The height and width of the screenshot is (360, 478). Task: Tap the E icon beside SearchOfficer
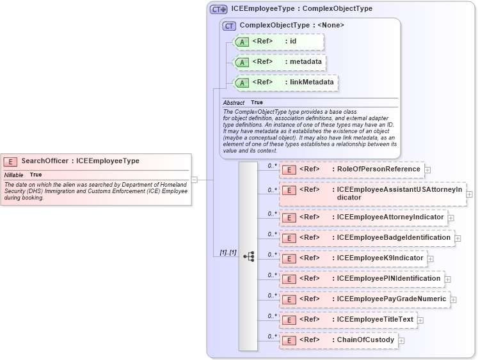coord(10,162)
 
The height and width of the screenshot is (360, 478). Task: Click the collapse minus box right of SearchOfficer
coord(194,180)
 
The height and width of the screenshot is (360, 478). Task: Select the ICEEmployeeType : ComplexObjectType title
coord(301,9)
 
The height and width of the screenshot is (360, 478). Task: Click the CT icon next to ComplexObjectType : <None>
coord(229,26)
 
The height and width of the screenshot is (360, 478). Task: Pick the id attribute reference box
coord(279,42)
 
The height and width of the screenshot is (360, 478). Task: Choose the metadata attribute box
coord(280,62)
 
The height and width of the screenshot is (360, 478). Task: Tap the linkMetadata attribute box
coord(285,82)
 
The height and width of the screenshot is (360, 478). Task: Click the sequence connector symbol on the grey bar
coord(248,256)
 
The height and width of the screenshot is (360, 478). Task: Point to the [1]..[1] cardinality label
coord(228,253)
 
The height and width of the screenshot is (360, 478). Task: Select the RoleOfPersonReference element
coord(352,169)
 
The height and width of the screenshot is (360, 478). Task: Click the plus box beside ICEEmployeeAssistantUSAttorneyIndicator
coord(470,194)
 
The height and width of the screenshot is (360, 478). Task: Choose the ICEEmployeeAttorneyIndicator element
coord(363,217)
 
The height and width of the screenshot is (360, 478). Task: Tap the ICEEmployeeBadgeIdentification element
coord(367,238)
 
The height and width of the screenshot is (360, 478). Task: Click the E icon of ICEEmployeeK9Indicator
coord(289,258)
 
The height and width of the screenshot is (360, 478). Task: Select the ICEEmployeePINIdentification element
coord(362,279)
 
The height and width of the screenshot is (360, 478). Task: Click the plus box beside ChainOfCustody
coord(401,340)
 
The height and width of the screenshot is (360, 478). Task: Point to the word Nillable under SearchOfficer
coord(14,175)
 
